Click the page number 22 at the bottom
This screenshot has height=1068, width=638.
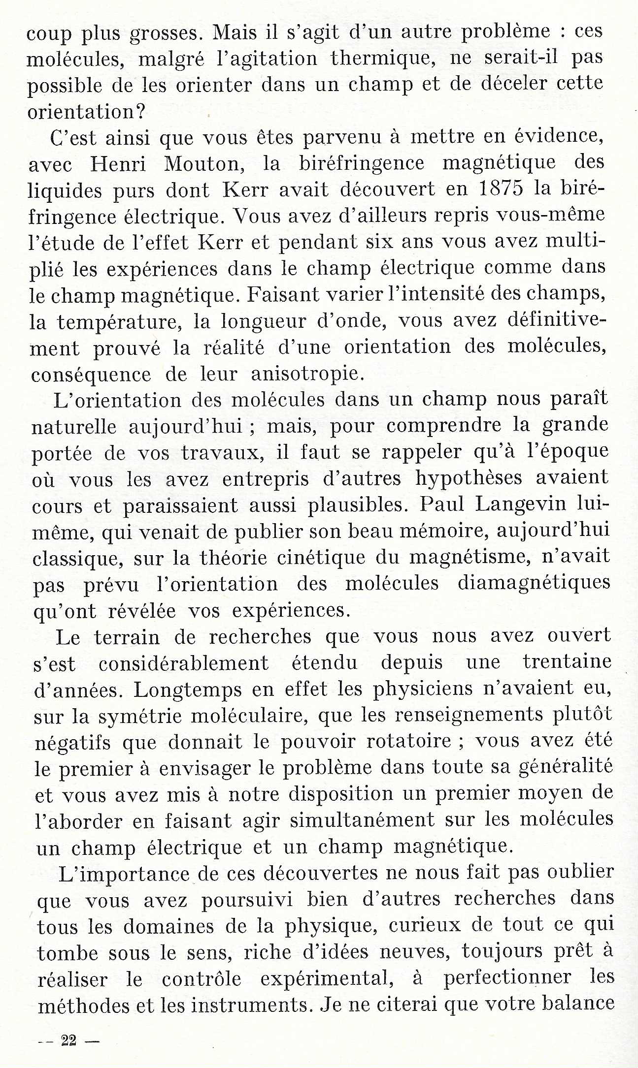click(x=68, y=1040)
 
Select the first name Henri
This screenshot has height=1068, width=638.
click(x=118, y=163)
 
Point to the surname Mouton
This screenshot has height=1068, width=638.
click(x=204, y=163)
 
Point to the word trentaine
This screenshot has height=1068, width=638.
click(x=567, y=662)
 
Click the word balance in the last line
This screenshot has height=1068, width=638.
click(x=578, y=1003)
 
